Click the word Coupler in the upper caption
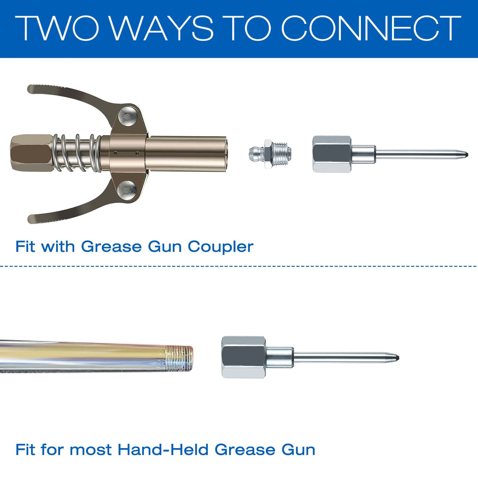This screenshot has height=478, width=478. pyautogui.click(x=220, y=247)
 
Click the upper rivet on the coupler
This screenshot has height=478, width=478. pyautogui.click(x=127, y=116)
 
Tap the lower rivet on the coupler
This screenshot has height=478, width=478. pyautogui.click(x=127, y=190)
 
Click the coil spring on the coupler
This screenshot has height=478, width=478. pyautogui.click(x=77, y=153)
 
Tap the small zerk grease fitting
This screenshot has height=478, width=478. pyautogui.click(x=270, y=154)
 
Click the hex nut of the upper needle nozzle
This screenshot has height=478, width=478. pyautogui.click(x=332, y=154)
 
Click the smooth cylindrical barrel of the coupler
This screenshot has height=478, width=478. pyautogui.click(x=186, y=154)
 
